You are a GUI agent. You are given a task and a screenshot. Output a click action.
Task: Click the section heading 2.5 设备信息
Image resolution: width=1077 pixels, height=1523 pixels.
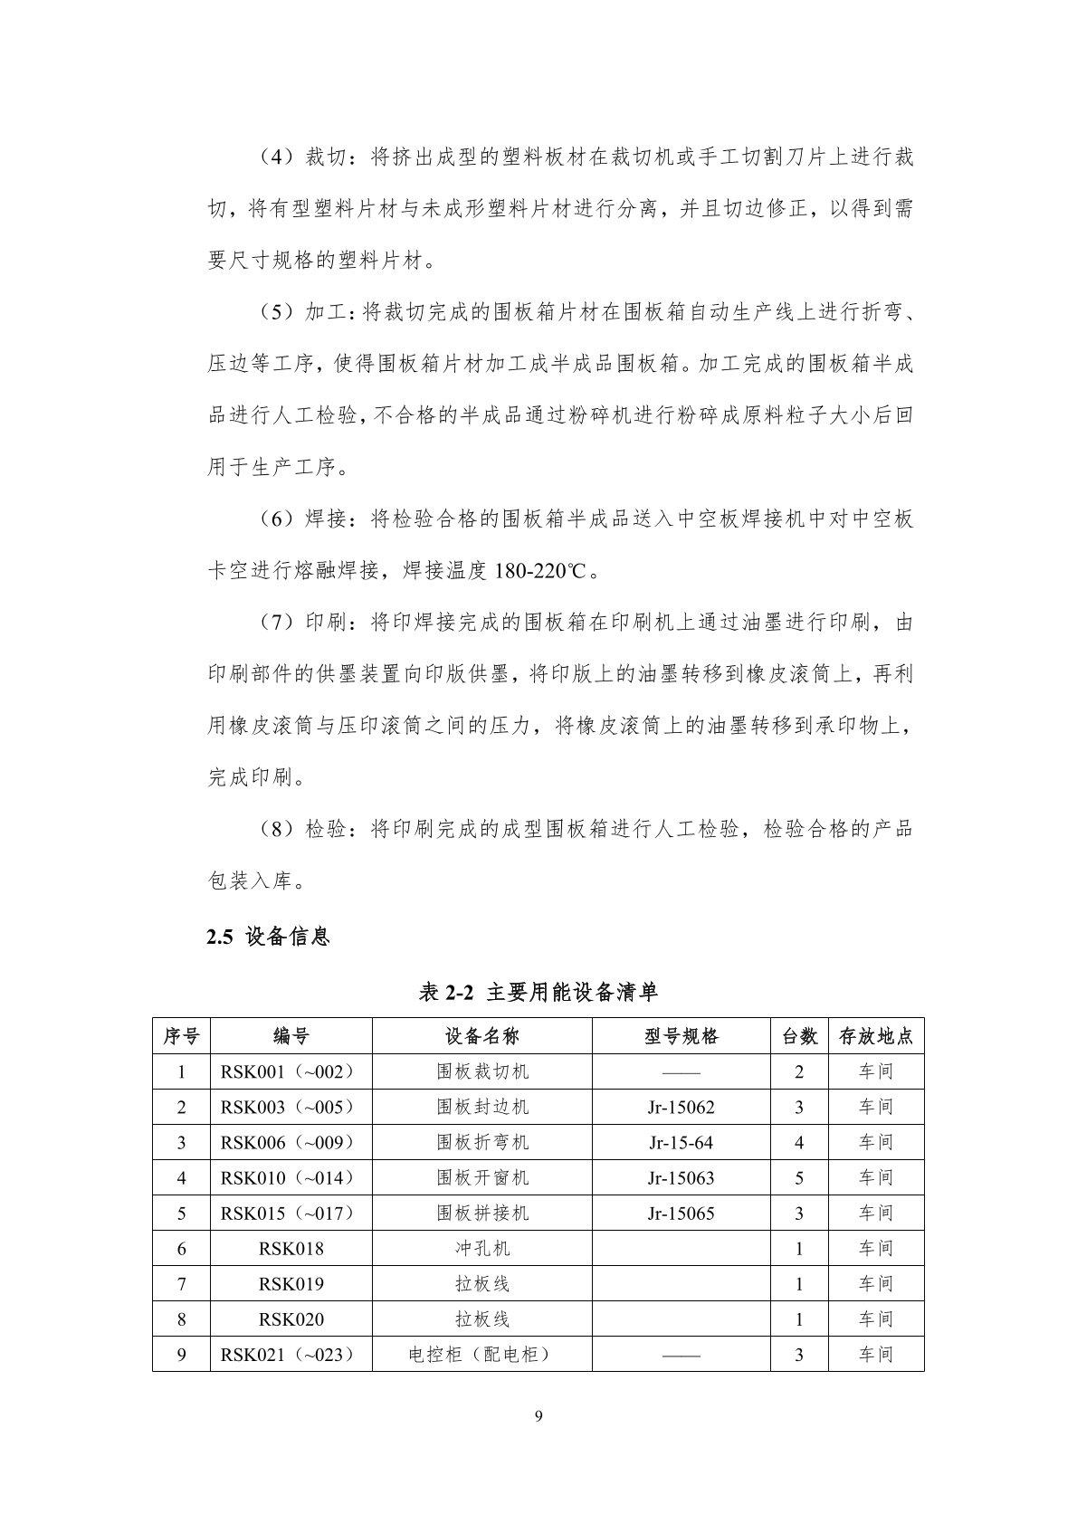coord(269,937)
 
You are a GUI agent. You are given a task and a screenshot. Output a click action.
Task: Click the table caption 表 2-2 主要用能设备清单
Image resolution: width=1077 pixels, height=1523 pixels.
coord(538,993)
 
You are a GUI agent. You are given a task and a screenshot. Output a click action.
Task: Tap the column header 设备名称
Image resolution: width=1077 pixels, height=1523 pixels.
coord(482,1036)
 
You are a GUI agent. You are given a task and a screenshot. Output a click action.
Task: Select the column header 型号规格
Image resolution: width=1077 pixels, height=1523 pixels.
coord(681,1036)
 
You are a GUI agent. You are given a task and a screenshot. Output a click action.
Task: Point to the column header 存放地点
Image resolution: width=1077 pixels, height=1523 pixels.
coord(875,1036)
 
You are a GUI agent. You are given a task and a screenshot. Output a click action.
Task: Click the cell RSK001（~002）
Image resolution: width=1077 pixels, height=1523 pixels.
coord(291,1071)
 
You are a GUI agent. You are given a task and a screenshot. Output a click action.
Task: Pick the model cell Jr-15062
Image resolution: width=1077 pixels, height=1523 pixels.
coord(681,1107)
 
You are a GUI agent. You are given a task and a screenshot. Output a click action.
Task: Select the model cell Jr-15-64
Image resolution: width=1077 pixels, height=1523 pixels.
coord(681,1142)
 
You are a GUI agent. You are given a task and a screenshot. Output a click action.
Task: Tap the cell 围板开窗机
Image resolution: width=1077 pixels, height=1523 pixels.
coord(482,1177)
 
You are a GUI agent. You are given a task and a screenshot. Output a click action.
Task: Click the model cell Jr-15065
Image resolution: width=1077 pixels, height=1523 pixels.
coord(681,1213)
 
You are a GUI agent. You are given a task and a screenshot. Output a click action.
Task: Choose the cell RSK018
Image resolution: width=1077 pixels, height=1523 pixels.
coord(291,1248)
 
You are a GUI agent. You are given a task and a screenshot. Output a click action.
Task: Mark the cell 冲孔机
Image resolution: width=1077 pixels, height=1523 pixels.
coord(482,1248)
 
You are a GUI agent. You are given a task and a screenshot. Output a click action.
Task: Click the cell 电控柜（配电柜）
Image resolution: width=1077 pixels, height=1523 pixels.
coord(482,1354)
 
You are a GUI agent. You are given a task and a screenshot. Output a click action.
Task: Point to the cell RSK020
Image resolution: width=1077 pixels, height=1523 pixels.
coord(291,1318)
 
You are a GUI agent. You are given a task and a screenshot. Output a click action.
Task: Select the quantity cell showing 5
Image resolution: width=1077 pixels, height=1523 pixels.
coord(798,1177)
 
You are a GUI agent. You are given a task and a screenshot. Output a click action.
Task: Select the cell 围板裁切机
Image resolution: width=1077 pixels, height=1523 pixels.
coord(482,1071)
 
